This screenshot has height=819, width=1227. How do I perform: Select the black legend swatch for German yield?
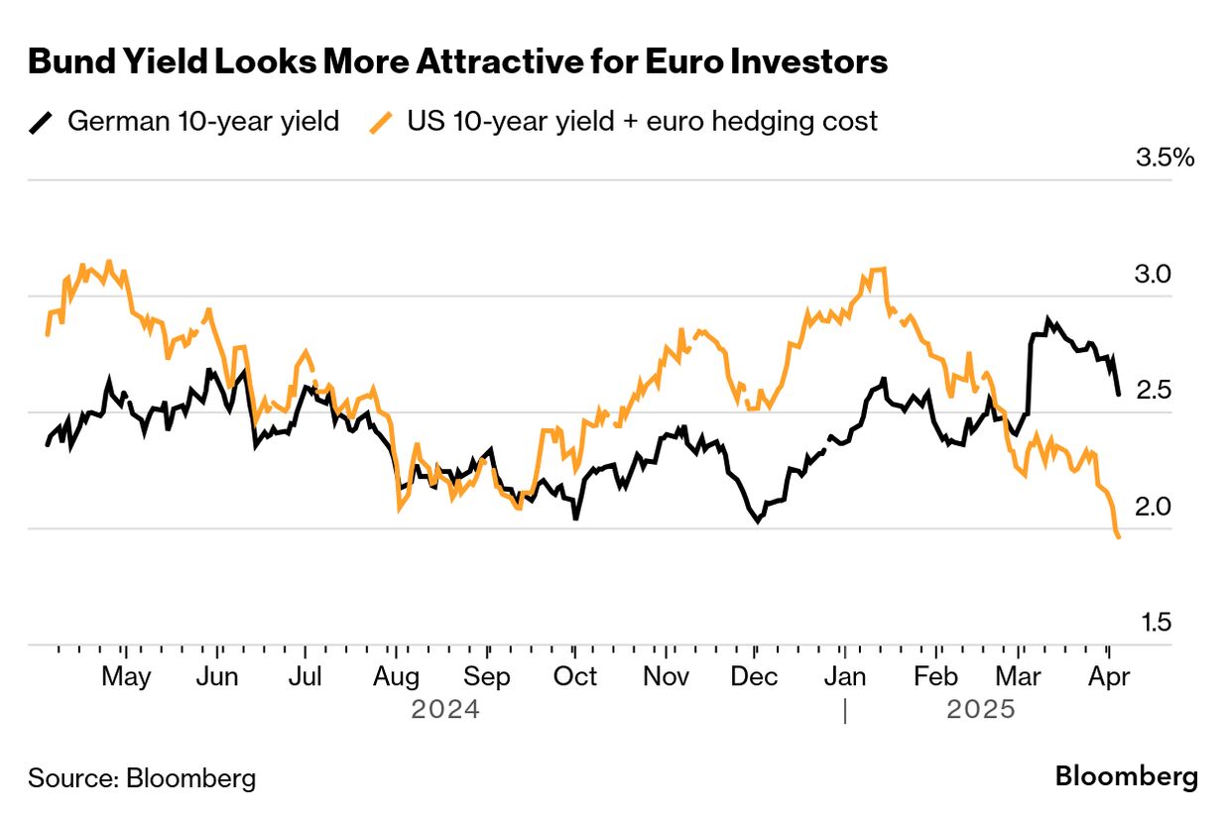coord(41,122)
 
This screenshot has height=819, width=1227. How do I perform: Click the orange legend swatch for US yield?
coord(381,122)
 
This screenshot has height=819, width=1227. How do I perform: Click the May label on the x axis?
coord(127,677)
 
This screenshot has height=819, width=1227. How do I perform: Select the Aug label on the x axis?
coord(397,677)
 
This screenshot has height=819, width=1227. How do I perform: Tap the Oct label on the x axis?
coord(575,677)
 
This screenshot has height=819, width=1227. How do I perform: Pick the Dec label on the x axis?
coord(755,677)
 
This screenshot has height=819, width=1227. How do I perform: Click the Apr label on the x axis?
coord(1109,677)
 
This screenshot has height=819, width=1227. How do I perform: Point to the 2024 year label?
coord(445,710)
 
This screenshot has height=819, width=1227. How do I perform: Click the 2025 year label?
coord(981,710)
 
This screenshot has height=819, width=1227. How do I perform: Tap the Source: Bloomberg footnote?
coord(142,778)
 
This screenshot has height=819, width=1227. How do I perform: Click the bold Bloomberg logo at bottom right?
coord(1126,776)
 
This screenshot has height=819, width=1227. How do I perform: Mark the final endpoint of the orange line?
coord(1119,537)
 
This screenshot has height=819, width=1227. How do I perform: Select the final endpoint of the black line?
coord(1119,395)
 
